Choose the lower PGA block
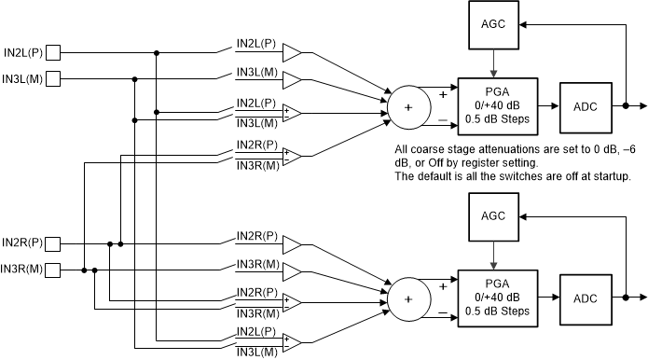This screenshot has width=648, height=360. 497,298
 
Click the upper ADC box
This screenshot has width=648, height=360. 585,105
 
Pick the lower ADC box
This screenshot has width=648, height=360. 585,298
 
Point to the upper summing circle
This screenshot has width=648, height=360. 407,106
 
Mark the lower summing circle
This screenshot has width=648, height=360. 407,298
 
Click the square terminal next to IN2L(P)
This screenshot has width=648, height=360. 54,52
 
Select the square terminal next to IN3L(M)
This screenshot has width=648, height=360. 54,78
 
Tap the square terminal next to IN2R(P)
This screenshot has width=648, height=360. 54,244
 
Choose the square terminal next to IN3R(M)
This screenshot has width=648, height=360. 54,270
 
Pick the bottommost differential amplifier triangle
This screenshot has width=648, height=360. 292,341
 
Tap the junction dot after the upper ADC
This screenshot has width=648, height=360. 626,106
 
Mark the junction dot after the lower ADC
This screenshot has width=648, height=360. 626,298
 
